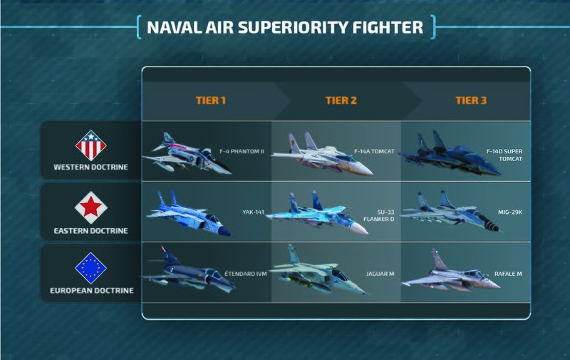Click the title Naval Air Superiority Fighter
click(x=284, y=29)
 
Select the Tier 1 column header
click(x=211, y=100)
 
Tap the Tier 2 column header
click(x=342, y=100)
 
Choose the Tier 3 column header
click(x=471, y=100)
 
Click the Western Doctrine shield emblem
click(x=90, y=145)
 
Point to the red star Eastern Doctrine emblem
click(x=90, y=207)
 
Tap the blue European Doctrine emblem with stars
click(x=90, y=269)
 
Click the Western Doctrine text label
click(x=90, y=168)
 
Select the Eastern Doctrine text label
click(x=90, y=230)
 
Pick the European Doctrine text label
click(x=90, y=292)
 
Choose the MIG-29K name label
click(x=509, y=212)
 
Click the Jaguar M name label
click(x=377, y=273)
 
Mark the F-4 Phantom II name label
click(x=242, y=151)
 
